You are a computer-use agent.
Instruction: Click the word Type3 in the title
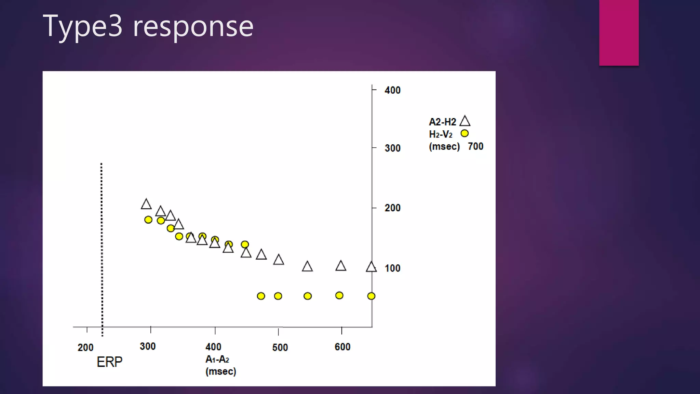(82, 26)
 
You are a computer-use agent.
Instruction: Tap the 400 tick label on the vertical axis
(392, 90)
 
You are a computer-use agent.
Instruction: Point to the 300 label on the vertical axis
(392, 148)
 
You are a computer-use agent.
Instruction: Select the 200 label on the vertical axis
(392, 208)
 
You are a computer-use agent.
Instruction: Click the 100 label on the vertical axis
(392, 268)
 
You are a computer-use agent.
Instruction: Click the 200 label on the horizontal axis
(85, 347)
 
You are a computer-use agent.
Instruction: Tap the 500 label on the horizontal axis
(280, 347)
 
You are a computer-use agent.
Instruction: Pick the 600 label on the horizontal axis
(342, 347)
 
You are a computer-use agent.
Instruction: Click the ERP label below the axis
(109, 362)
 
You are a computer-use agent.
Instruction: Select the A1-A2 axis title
(217, 359)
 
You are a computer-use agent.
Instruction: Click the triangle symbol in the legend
(465, 121)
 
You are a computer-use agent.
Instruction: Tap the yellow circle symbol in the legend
(465, 133)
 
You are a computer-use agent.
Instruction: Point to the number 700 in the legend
(475, 146)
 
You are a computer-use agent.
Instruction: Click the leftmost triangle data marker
(146, 205)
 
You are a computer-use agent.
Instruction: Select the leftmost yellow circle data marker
(148, 220)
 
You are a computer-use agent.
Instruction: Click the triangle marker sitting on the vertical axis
(371, 267)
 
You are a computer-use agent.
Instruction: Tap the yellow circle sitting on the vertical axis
(371, 296)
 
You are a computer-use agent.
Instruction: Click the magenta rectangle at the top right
(619, 32)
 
